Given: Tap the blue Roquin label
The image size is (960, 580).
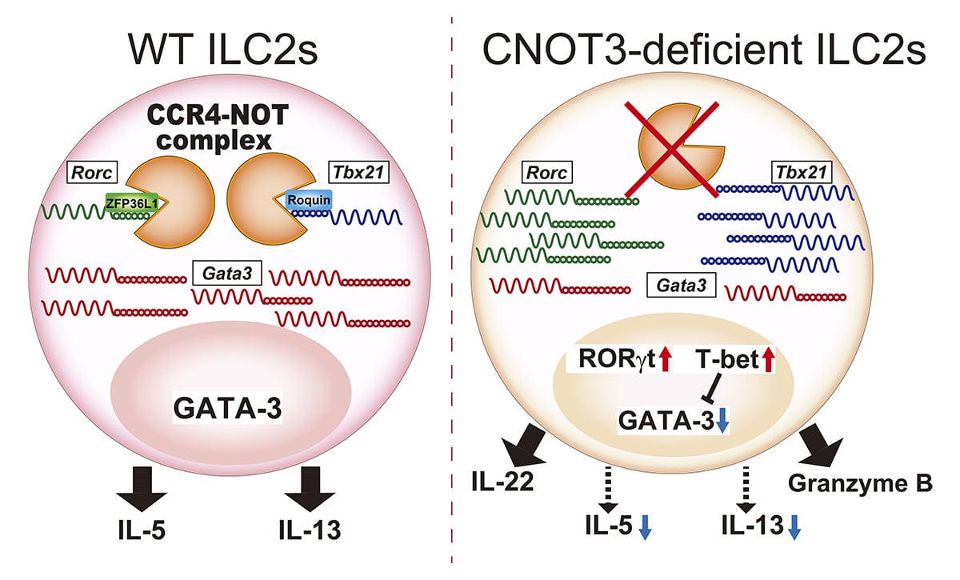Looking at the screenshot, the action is pos(309,200).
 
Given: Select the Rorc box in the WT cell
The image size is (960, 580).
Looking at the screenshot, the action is pos(92,172).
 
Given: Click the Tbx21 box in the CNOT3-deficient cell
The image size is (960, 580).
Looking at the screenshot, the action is pos(802,172).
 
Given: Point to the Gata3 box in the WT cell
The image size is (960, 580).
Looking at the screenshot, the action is pos(227,273).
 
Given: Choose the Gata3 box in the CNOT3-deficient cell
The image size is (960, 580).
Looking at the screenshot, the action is pos(681,285).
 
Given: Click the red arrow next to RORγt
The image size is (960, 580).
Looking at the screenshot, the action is pos(665,359).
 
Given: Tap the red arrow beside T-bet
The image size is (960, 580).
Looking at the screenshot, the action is pos(769,359).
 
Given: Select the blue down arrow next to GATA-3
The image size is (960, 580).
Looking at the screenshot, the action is pos(722,421).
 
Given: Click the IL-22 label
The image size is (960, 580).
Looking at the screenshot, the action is pos(502,481).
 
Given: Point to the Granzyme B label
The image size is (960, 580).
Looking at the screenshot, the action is pos(860,483).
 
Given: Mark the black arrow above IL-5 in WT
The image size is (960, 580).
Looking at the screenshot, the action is pos(142,489).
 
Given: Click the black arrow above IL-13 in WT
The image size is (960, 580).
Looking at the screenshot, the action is pos(310,489).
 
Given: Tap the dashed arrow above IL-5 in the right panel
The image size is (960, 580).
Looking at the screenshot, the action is pos(609,490).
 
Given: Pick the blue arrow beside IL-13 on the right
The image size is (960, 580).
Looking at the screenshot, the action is pos(794,527).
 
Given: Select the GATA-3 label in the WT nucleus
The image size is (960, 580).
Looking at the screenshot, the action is pos(227,408).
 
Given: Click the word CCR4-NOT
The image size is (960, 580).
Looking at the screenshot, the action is pos(218,115).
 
